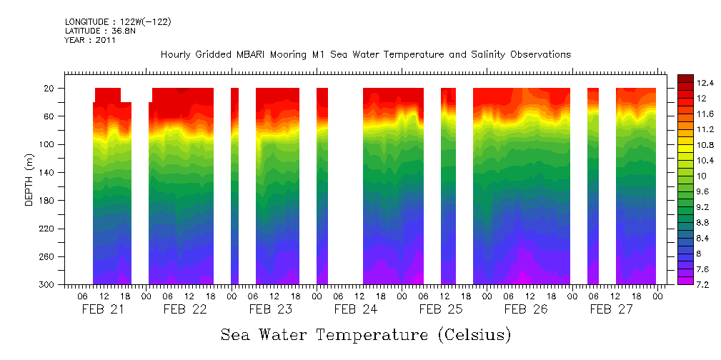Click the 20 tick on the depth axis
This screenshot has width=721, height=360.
tap(50, 89)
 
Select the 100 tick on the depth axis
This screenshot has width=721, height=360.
tap(48, 144)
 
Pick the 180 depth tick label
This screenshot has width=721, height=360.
tap(48, 201)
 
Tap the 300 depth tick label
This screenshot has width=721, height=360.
tap(48, 285)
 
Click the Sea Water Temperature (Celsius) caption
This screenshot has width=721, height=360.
tap(366, 335)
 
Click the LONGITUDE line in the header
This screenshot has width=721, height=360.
tap(118, 22)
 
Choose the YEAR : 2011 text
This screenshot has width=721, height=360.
tap(90, 40)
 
